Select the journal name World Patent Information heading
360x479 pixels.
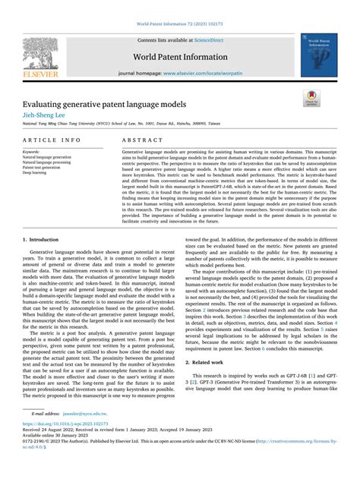[x=180, y=57]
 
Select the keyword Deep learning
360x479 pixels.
[x=34, y=172]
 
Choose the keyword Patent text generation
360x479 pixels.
[x=43, y=166]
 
